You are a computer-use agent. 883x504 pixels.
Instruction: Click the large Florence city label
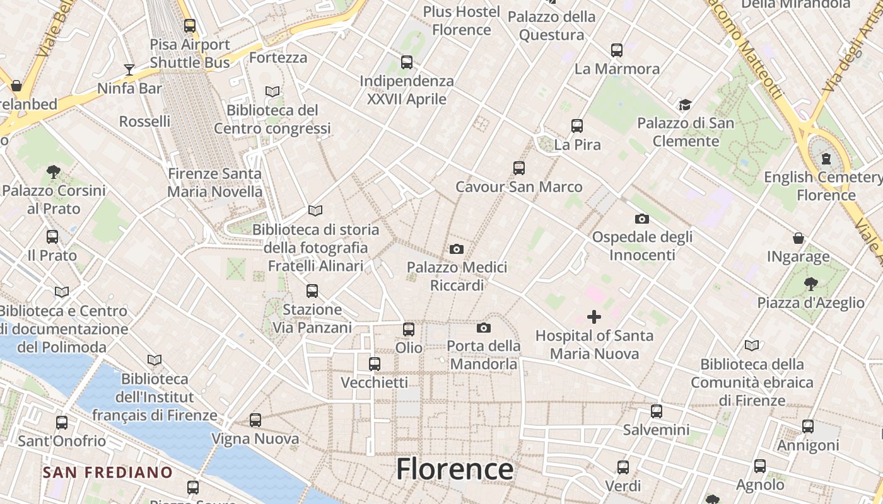click(x=454, y=469)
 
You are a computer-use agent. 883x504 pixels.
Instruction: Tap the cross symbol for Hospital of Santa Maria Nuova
click(x=594, y=316)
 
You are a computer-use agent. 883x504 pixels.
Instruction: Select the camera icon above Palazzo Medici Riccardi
click(x=457, y=249)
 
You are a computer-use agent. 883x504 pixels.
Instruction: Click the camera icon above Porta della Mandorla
click(x=484, y=328)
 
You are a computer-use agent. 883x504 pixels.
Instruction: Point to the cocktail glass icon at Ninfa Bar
click(x=129, y=69)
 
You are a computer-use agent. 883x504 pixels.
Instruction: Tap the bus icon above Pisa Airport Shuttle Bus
click(x=190, y=26)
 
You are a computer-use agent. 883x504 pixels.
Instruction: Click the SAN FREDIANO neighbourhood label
click(x=107, y=472)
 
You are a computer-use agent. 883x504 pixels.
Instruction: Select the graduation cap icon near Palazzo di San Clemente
click(x=685, y=105)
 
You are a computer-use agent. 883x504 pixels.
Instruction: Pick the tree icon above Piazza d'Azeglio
click(x=810, y=283)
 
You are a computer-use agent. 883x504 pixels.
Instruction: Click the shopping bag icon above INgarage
click(x=798, y=238)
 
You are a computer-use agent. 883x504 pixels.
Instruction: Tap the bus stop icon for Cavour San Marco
click(x=519, y=168)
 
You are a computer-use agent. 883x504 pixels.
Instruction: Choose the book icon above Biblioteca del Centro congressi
click(x=272, y=91)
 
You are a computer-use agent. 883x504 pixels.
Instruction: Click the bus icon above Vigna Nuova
click(x=255, y=420)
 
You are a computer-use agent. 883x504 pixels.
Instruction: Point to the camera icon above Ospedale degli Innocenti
click(x=642, y=219)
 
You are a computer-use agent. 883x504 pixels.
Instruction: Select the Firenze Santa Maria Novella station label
click(x=214, y=182)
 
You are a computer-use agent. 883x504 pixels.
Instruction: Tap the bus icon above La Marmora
click(x=617, y=50)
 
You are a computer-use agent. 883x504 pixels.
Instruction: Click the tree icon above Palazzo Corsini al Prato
click(x=54, y=171)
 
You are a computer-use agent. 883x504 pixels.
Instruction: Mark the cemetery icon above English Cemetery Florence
click(x=826, y=159)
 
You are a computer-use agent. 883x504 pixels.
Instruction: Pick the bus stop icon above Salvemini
click(x=657, y=411)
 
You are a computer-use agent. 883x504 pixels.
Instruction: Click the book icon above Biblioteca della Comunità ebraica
click(x=752, y=345)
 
